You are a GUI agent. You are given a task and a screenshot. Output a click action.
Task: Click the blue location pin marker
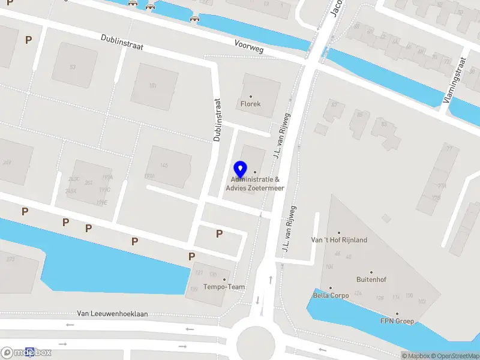point(241,169)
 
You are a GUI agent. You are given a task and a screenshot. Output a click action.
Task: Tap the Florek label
point(251,104)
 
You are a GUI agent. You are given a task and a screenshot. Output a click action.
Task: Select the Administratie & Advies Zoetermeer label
point(255,184)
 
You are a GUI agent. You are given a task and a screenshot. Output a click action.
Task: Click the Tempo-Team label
point(224,287)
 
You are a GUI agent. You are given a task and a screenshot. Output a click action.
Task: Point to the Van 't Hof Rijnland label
point(338,240)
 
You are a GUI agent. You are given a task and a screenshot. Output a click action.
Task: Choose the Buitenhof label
point(370,279)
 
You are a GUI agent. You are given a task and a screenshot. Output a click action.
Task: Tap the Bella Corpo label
point(330,295)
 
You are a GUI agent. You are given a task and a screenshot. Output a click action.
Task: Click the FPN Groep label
point(397,321)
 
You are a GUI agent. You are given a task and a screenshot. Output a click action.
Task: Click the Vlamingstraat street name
point(455,80)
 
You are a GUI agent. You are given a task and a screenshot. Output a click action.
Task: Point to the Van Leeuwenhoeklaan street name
point(113,314)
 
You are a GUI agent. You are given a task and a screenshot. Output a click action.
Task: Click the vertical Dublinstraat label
point(217,120)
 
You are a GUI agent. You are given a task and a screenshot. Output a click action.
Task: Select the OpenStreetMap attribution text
point(455,356)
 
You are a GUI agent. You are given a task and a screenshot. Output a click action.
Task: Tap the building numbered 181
point(153,86)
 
